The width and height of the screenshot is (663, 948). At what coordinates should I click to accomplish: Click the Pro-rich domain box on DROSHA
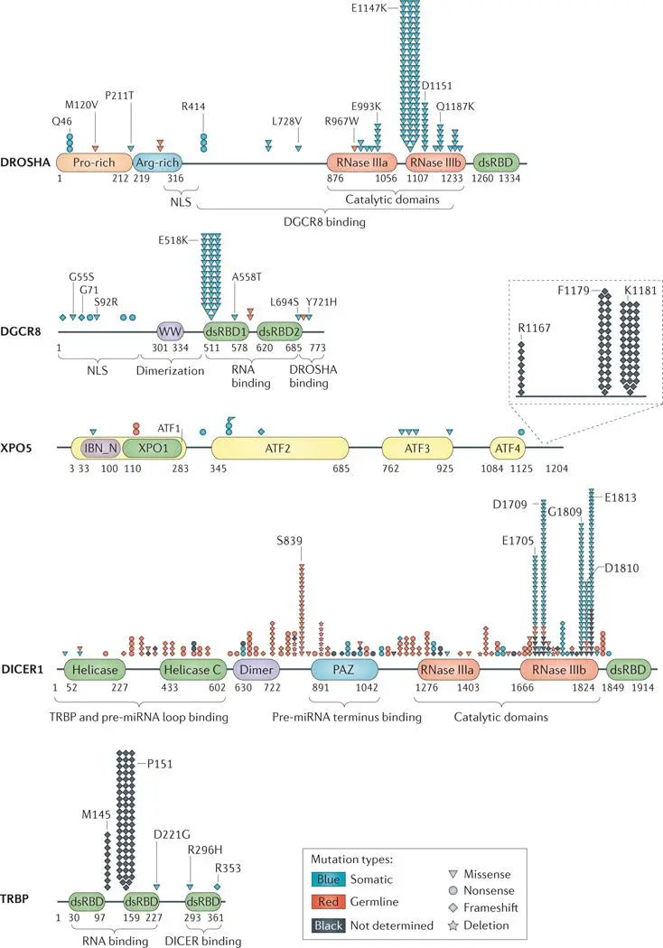point(94,162)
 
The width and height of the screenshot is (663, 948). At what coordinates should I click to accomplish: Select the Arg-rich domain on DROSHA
point(156,162)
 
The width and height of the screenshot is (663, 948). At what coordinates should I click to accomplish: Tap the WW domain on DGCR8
point(170,331)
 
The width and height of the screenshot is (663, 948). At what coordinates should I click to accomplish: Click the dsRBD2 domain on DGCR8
point(279,331)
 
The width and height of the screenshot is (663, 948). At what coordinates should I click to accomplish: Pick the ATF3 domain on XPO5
point(417,448)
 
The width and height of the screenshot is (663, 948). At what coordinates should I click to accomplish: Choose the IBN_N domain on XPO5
point(101,448)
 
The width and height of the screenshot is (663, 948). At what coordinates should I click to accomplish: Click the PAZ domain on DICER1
point(344,669)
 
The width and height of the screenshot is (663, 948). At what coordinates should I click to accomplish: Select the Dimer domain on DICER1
point(257,669)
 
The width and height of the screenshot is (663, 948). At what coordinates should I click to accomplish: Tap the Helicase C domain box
point(193,669)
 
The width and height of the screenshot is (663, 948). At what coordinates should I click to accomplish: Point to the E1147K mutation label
point(369,8)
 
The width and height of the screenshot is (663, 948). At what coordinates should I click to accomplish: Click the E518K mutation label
point(173,240)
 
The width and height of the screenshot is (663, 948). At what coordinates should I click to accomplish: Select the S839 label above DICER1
point(289,541)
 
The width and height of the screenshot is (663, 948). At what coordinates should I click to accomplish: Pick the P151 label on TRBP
point(160,764)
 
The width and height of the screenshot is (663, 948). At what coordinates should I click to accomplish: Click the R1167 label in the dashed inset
point(534,328)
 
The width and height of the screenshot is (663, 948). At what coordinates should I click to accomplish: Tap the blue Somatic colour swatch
point(328,879)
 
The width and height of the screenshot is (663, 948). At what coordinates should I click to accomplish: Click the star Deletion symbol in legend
point(453,925)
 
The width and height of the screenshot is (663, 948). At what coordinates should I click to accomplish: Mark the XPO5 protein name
point(16,448)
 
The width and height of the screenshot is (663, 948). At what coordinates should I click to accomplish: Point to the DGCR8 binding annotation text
point(324,222)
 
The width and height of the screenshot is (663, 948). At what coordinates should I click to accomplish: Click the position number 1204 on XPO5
point(556,468)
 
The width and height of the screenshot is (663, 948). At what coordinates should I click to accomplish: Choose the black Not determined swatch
point(328,925)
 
